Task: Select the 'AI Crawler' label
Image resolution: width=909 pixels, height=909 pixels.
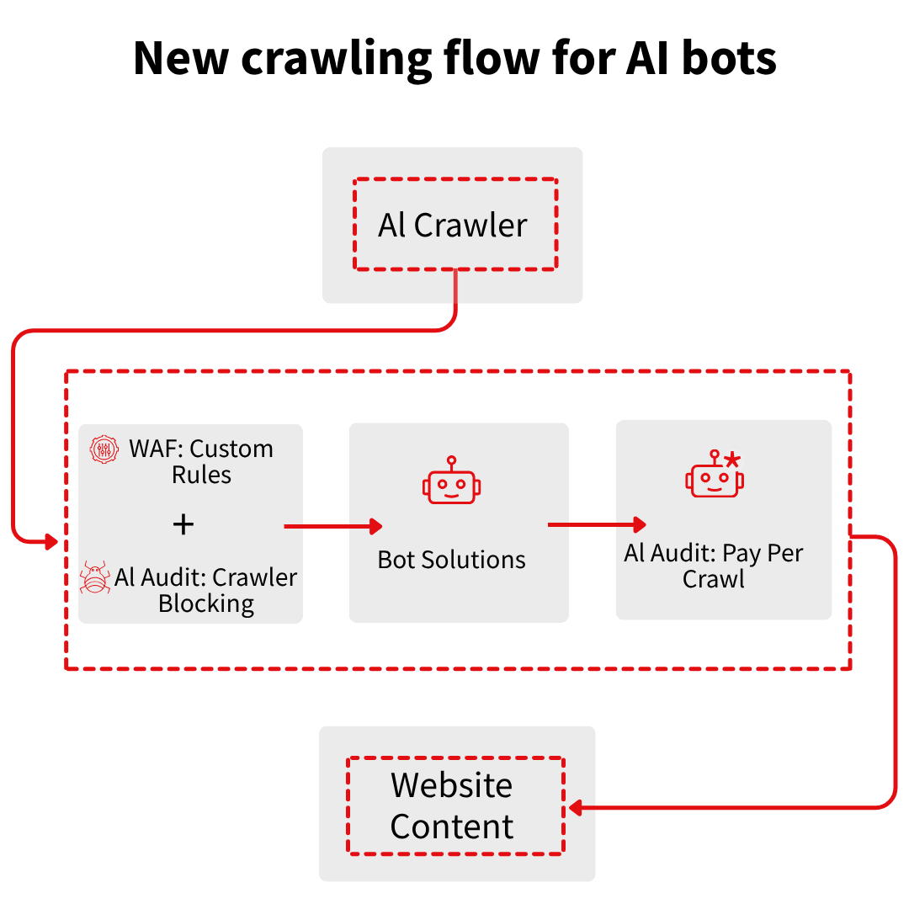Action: (453, 225)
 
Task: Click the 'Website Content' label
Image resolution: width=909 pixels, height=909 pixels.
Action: (452, 805)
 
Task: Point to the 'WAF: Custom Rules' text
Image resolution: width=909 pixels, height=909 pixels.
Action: (201, 461)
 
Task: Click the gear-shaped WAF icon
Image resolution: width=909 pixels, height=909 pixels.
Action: (105, 449)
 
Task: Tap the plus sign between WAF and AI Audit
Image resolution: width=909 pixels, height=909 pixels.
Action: (183, 525)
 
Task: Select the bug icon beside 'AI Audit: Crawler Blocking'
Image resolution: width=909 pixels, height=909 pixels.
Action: (94, 578)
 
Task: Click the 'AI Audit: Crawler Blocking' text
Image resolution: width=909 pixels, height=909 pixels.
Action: (206, 590)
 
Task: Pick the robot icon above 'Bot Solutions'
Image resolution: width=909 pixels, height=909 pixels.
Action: (452, 482)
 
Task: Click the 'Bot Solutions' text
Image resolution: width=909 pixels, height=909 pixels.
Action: (452, 560)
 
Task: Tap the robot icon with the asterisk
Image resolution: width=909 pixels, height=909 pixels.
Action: (715, 476)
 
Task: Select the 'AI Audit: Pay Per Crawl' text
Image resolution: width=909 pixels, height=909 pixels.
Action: (714, 566)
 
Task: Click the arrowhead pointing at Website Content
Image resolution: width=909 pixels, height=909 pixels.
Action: (575, 808)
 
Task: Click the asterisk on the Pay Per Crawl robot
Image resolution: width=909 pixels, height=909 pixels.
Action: (733, 460)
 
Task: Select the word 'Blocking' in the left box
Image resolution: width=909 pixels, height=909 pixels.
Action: (206, 603)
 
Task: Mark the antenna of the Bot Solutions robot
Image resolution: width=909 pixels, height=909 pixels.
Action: (452, 463)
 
